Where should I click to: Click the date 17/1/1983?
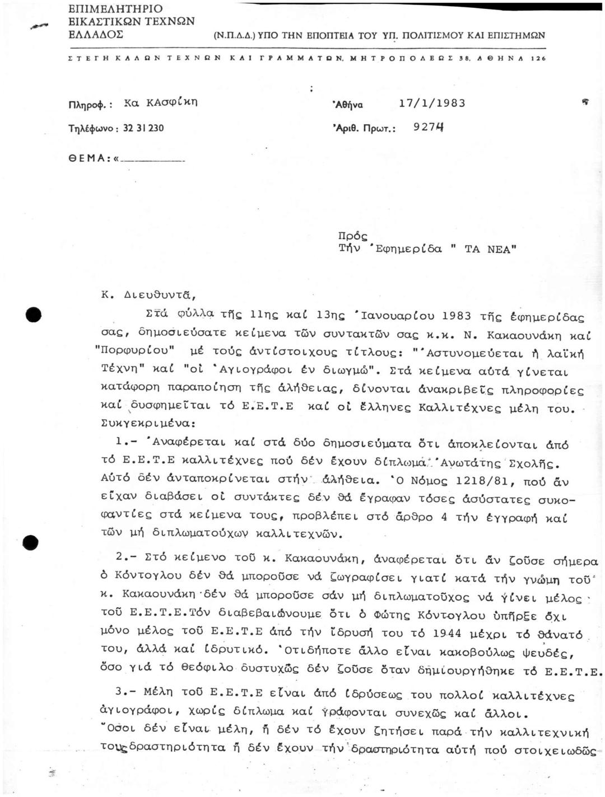(431, 104)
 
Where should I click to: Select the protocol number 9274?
(427, 127)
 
